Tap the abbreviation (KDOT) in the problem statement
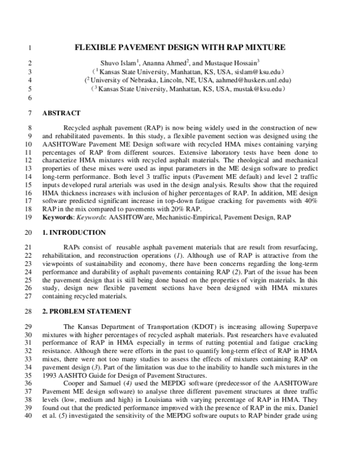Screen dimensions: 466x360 (182, 326)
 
